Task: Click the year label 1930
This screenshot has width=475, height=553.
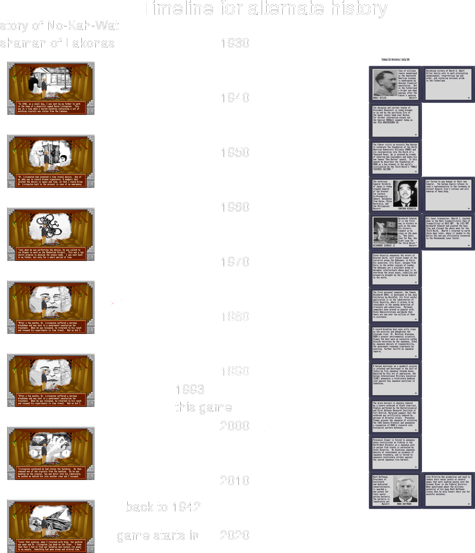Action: coord(235,43)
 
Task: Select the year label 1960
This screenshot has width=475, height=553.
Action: coord(235,207)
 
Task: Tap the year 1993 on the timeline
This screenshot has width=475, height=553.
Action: coord(190,389)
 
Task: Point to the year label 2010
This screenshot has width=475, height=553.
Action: coord(235,481)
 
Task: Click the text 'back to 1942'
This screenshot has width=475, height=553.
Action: coord(163,507)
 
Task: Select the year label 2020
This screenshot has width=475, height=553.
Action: coord(235,535)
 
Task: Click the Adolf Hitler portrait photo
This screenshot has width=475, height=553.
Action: coord(385,83)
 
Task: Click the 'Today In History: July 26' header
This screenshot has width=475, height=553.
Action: coord(395,60)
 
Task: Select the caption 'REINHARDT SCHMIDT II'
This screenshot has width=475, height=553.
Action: coord(384,246)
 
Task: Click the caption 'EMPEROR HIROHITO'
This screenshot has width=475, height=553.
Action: coord(407,209)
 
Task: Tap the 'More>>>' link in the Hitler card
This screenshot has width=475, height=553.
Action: coord(413,98)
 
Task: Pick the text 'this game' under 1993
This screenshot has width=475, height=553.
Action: coord(204,408)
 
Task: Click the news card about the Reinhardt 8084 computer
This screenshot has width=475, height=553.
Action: coord(395,305)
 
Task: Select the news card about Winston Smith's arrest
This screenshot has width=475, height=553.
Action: coord(395,268)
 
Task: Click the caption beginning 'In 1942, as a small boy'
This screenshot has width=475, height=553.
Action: coord(51,108)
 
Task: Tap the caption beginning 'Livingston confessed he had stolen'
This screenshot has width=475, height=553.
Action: coord(51,473)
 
